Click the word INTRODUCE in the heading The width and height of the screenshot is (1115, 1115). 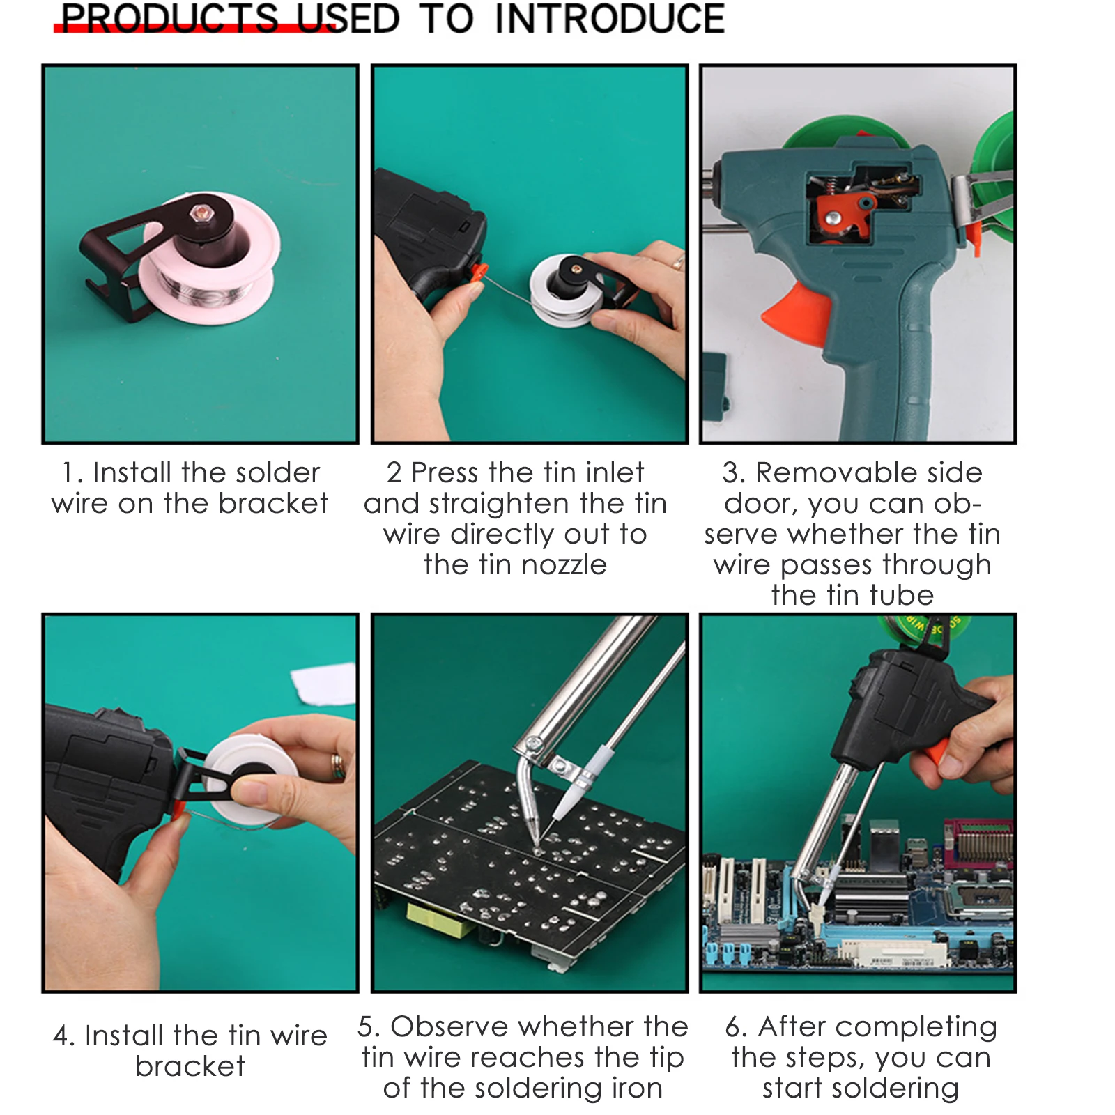[610, 19]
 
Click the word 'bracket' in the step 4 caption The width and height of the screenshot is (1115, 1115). [190, 1066]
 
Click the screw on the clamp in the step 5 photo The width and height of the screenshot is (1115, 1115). [535, 744]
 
